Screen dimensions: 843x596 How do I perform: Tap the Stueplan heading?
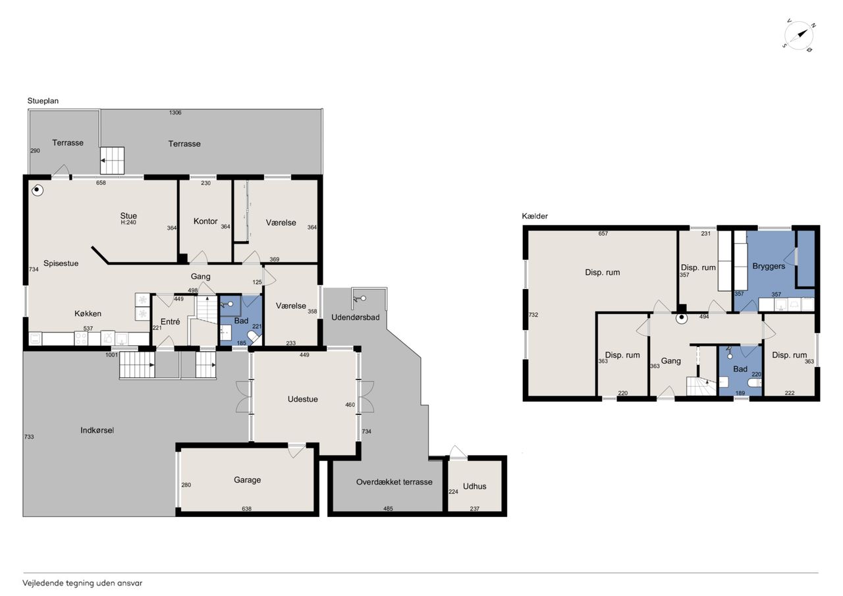43,101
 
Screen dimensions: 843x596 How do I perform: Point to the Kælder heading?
534,216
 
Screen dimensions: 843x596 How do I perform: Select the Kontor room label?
205,221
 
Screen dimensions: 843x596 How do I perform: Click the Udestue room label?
302,399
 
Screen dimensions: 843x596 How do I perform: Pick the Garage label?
247,480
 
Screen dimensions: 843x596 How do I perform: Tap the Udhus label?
475,486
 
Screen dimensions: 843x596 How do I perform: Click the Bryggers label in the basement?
769,267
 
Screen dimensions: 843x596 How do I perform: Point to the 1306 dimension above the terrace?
175,113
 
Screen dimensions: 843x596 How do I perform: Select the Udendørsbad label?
355,317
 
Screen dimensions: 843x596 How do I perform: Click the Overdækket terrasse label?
394,482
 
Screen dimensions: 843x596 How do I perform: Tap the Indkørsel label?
97,430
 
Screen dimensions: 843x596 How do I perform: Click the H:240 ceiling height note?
128,223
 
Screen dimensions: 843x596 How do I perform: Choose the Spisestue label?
61,263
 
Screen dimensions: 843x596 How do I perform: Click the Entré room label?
170,321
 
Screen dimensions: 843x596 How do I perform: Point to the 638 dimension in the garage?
246,508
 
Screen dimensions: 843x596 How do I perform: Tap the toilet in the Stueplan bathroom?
254,337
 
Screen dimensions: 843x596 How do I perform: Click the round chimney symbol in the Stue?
36,190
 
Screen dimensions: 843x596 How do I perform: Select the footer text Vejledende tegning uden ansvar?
82,583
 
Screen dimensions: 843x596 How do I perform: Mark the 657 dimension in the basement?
603,234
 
